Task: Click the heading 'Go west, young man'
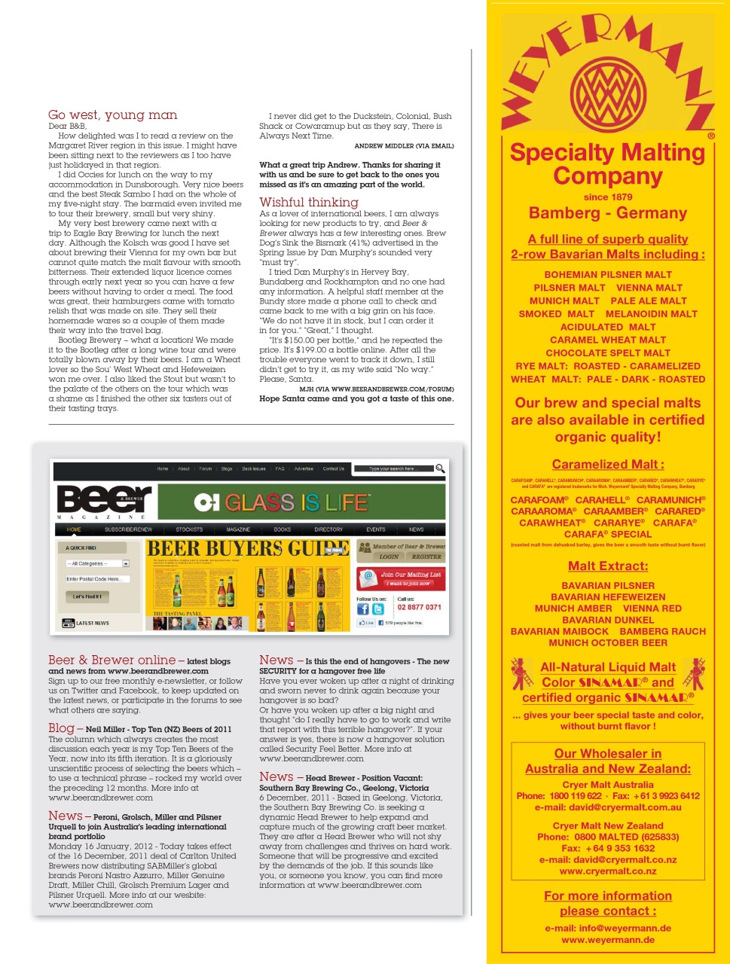113,115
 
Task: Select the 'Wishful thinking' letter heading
309,202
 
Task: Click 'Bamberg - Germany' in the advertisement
607,213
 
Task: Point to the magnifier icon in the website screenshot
440,468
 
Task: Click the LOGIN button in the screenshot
389,557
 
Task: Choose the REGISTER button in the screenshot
426,557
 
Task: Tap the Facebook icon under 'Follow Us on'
363,609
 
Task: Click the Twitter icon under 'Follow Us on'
378,609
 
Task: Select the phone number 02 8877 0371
419,607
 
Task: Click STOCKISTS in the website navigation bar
189,529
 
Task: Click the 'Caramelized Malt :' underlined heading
607,465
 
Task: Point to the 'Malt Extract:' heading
607,566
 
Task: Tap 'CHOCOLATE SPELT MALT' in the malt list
607,352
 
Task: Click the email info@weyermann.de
607,928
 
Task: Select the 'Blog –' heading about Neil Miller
62,728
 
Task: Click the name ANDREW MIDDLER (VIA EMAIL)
404,146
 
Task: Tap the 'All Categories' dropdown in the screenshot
98,563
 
